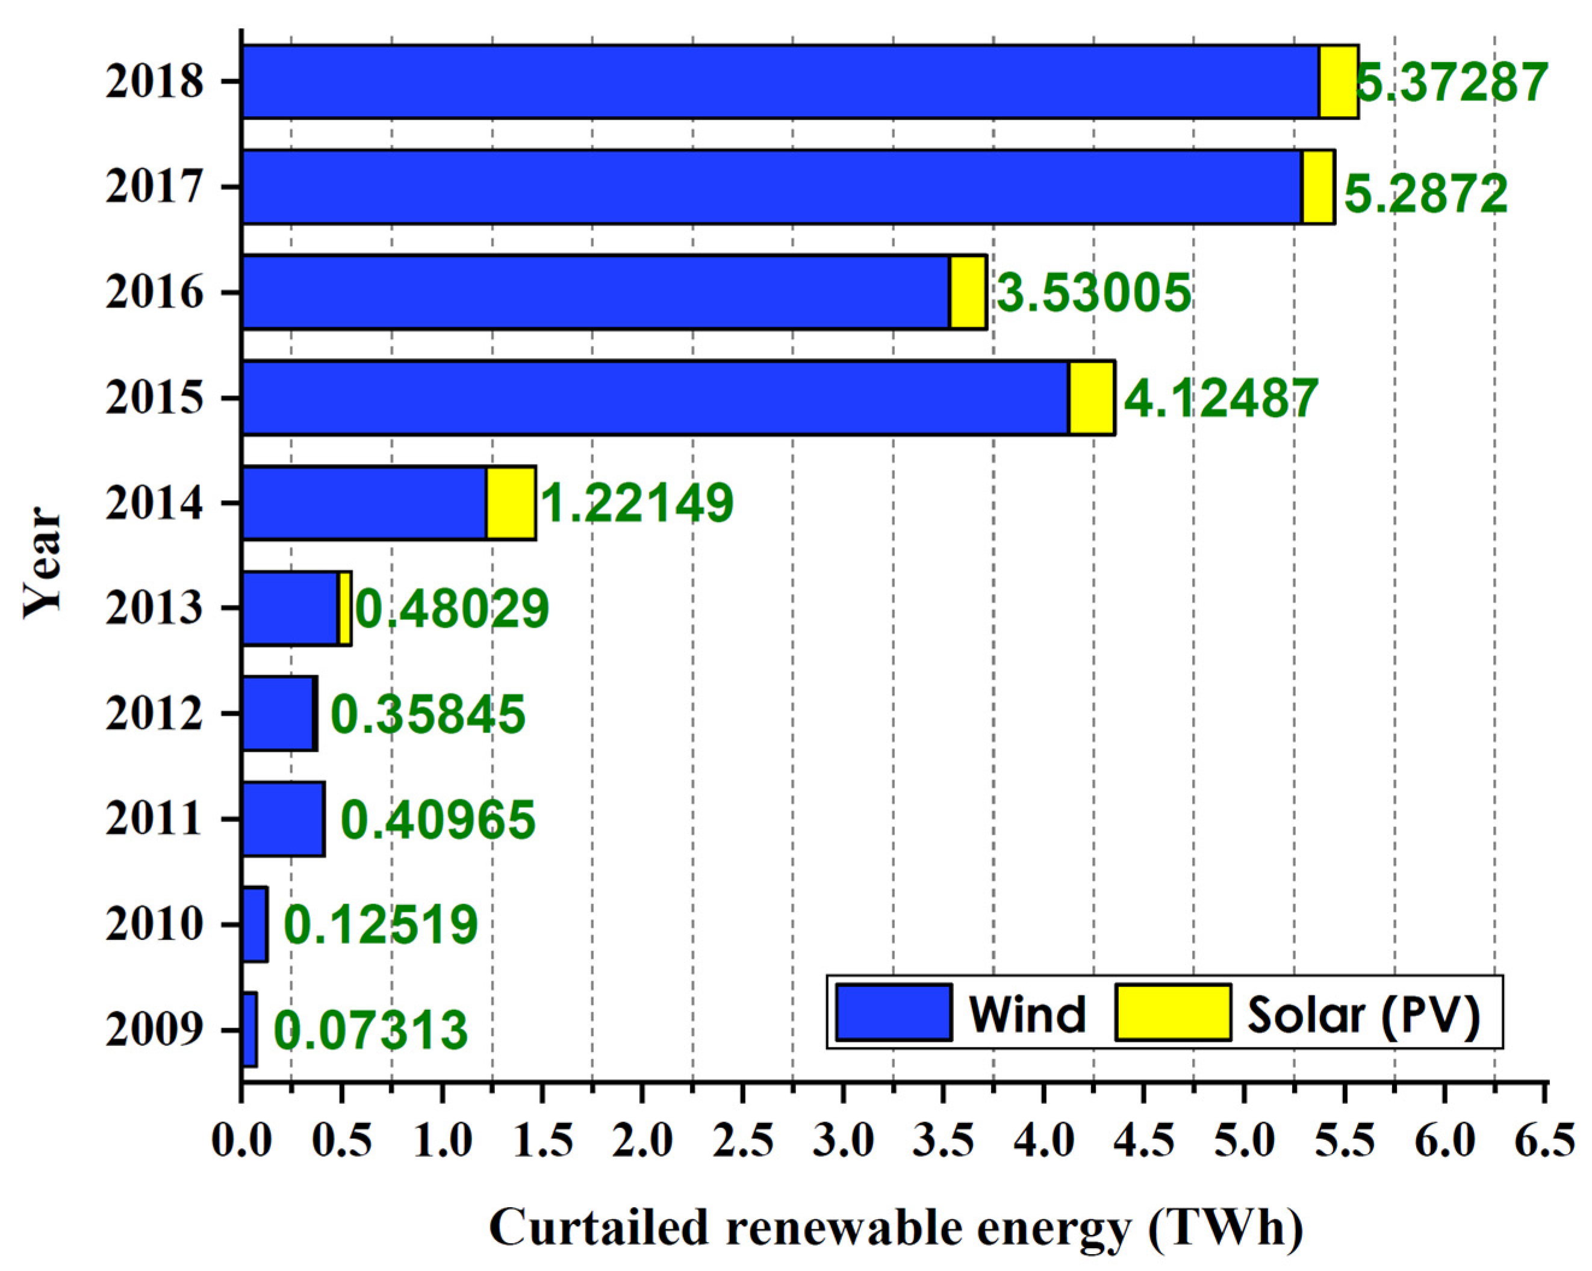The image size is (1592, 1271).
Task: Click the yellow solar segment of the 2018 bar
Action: point(1338,81)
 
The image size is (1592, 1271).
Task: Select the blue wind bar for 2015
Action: point(655,398)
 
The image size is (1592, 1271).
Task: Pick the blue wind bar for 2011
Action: point(283,819)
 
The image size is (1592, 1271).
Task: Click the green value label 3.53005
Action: point(1093,293)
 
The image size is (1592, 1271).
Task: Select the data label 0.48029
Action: point(453,609)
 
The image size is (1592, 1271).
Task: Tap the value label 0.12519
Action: point(381,925)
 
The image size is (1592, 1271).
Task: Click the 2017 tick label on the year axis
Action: point(154,187)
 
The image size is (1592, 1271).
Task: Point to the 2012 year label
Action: point(154,714)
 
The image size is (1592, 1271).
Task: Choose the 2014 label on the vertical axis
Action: point(154,503)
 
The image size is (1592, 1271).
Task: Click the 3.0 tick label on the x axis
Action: point(843,1142)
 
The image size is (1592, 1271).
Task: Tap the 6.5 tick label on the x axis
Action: point(1545,1142)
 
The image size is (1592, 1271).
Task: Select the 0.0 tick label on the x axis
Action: point(242,1142)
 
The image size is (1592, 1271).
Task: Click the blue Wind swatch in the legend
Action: point(894,1013)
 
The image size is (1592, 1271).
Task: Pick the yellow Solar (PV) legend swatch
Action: point(1172,1013)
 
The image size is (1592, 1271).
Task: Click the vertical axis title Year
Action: point(43,563)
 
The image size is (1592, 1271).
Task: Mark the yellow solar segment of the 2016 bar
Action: point(968,292)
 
